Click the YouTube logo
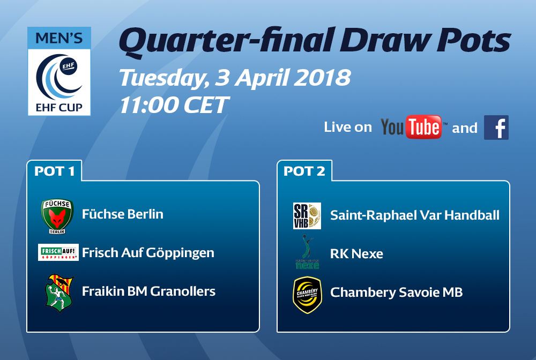pos(411,127)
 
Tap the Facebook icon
pos(496,127)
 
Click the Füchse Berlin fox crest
pos(57,216)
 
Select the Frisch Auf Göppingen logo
pos(58,252)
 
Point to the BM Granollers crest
pos(59,293)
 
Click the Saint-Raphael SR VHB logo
pos(307,215)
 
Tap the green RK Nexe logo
pos(307,252)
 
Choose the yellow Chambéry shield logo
pos(308,295)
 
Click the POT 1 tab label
pos(54,171)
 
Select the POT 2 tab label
pos(304,171)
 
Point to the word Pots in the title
pos(473,40)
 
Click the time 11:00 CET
pos(174,104)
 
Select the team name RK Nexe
pos(356,254)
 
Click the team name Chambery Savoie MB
pos(397,292)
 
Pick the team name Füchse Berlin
pos(123,214)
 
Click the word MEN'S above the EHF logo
pos(59,38)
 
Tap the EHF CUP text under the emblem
pos(59,108)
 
